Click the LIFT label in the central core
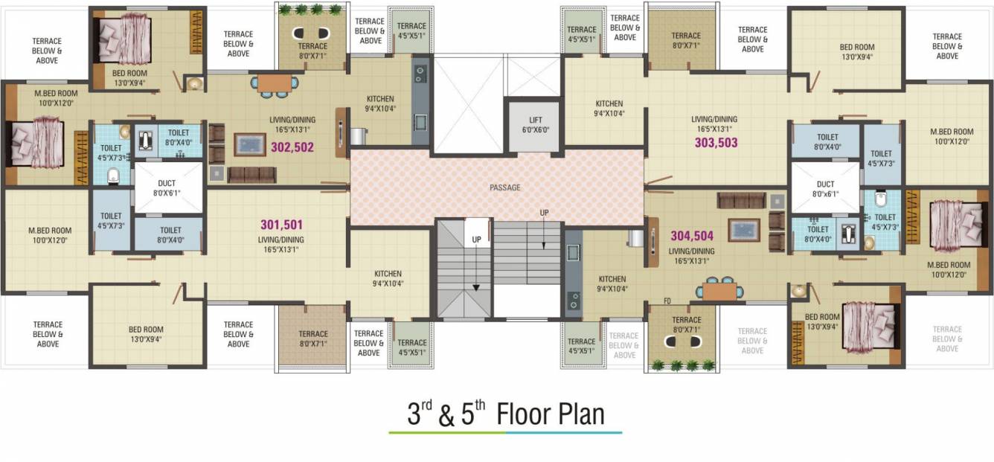pos(536,120)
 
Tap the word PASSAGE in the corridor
pos(505,187)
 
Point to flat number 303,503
pos(716,143)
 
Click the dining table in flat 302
pos(275,83)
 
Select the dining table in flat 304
pos(719,290)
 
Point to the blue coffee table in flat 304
pos(743,230)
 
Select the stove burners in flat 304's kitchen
pos(573,300)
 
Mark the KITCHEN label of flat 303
pos(609,103)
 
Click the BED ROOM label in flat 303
pos(857,47)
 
